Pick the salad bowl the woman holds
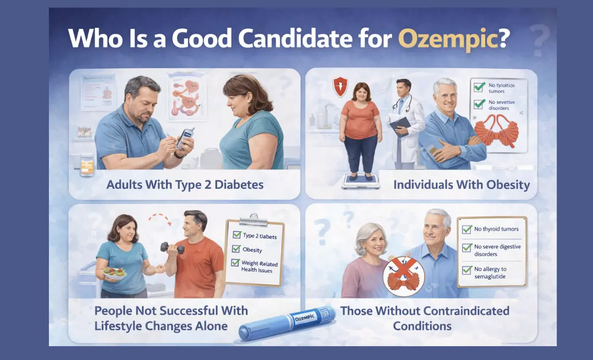tap(115, 273)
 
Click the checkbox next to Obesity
tap(236, 249)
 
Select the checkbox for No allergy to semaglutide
tap(466, 270)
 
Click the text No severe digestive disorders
tap(497, 250)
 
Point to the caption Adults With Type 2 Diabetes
tap(185, 185)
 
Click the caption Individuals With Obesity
tap(462, 185)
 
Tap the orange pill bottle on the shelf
tap(87, 164)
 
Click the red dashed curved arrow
tap(161, 219)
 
